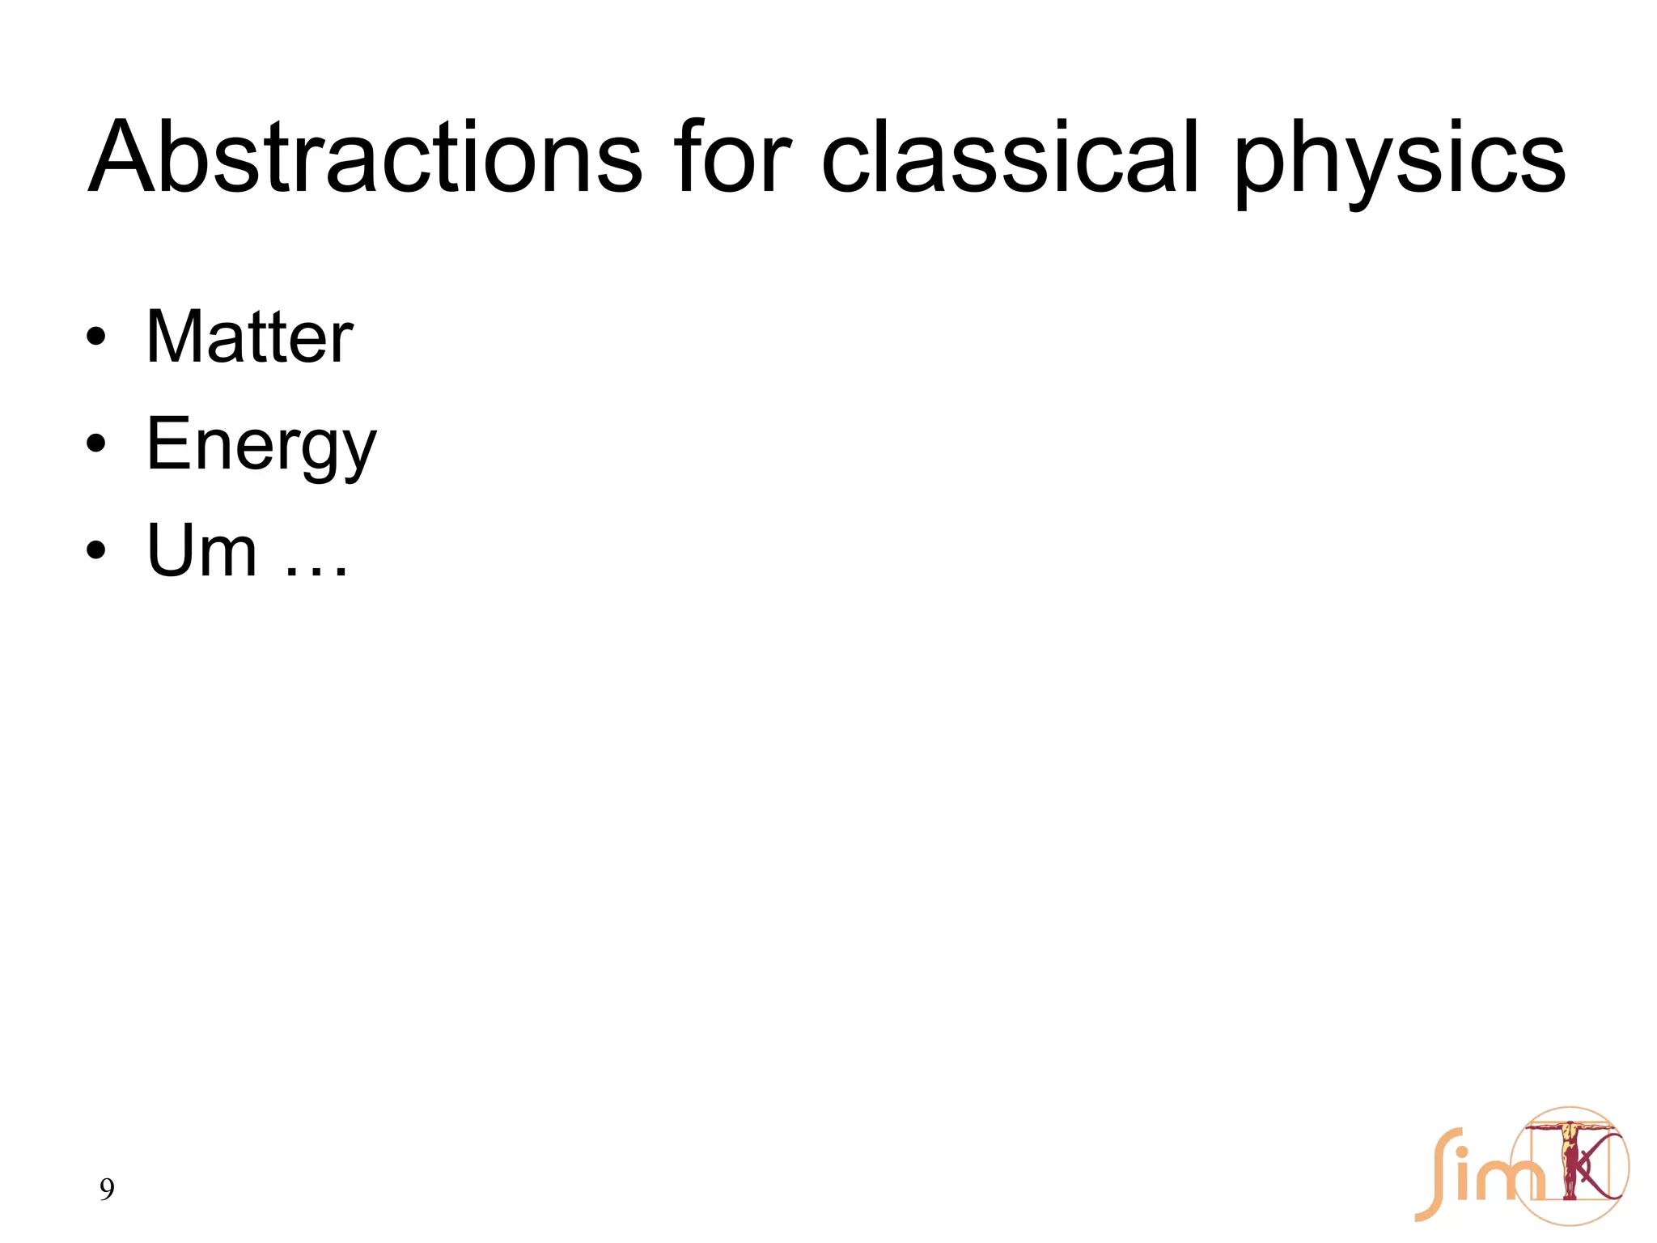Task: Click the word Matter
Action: tap(249, 337)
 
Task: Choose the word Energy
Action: tap(261, 446)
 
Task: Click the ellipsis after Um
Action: tap(316, 571)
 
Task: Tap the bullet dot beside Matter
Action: tap(96, 339)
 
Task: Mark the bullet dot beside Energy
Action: tap(96, 444)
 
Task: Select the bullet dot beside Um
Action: tap(96, 550)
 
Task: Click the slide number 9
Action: tap(107, 1190)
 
